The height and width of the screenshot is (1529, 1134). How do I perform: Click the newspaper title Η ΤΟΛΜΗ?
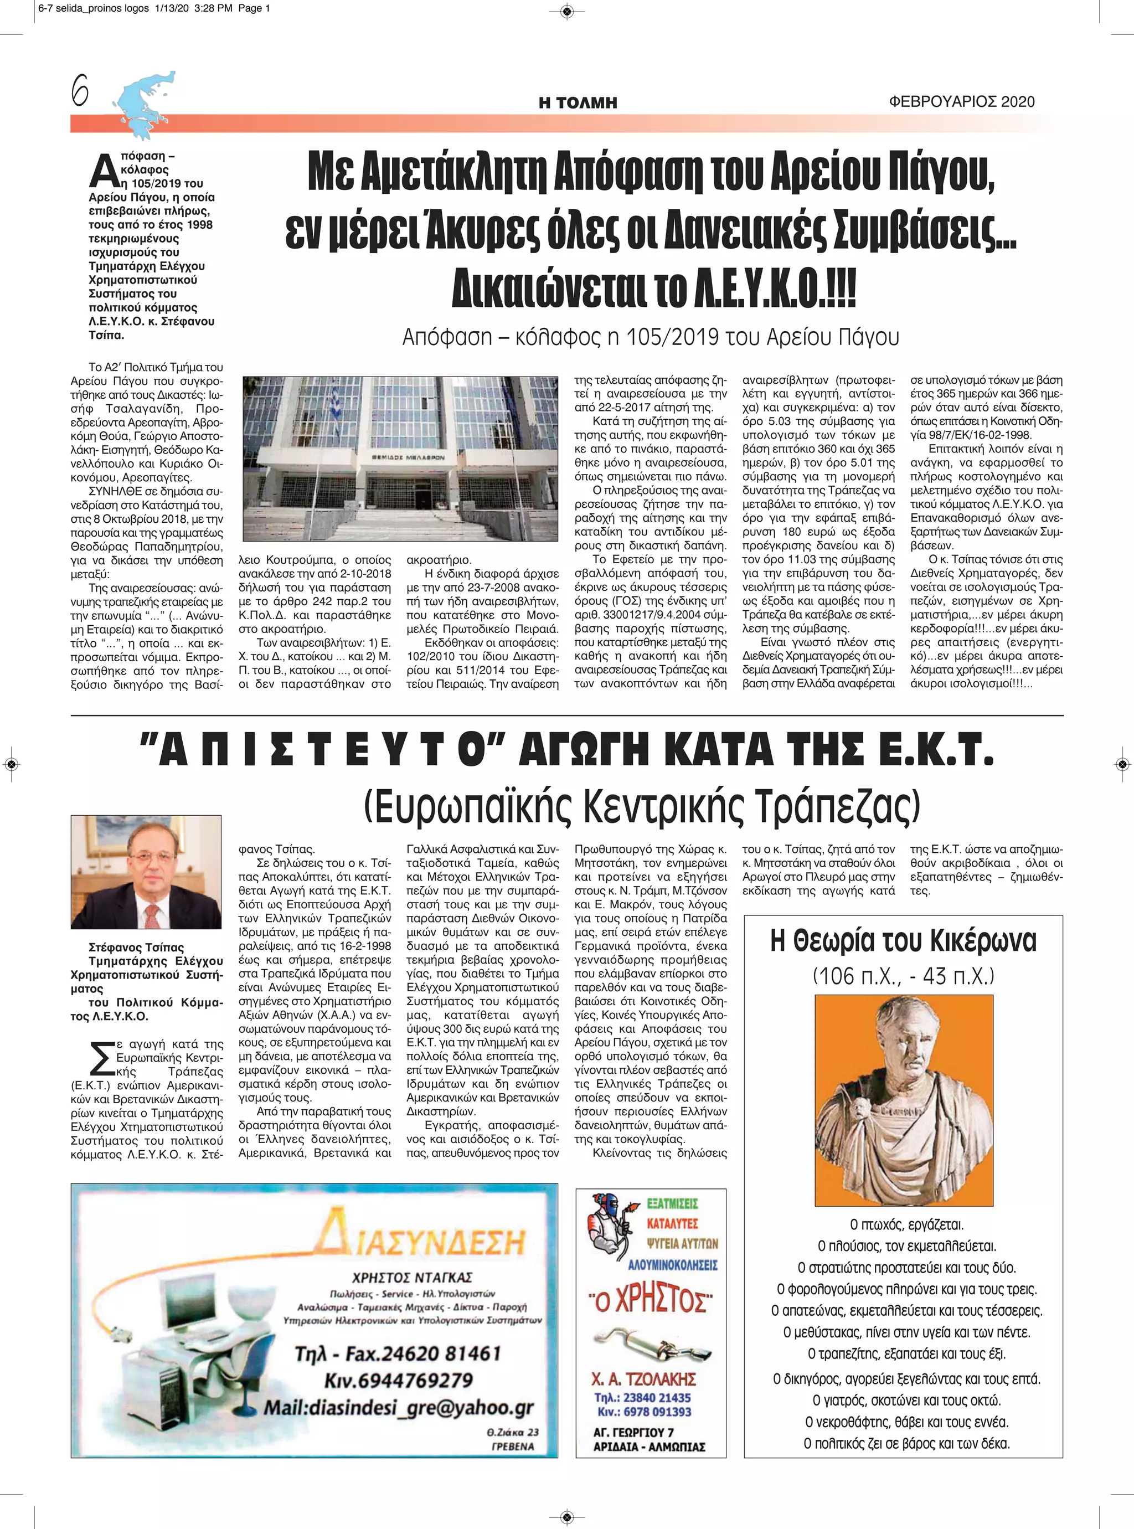(578, 103)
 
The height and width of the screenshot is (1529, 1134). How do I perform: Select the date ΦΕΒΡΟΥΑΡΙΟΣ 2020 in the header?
(961, 101)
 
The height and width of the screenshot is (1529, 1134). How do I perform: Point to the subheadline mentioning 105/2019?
(650, 337)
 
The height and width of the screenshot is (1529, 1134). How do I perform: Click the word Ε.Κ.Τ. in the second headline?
(936, 751)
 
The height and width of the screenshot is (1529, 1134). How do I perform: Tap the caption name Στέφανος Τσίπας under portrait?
(136, 947)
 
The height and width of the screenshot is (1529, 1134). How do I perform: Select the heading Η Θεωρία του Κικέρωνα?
(903, 940)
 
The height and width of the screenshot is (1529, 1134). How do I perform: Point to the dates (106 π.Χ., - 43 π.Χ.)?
(903, 976)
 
